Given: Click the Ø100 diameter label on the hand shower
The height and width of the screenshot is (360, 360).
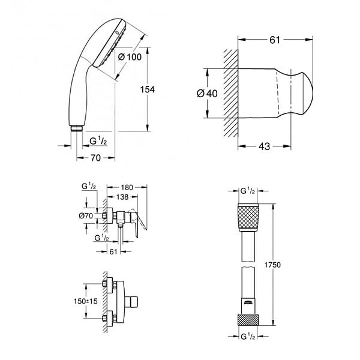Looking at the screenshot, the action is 130,57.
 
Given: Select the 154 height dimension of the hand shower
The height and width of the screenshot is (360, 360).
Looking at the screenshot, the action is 148,89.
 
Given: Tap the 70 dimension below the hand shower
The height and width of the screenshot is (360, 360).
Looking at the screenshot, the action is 96,158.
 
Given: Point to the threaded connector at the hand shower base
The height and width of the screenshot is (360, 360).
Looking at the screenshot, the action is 76,128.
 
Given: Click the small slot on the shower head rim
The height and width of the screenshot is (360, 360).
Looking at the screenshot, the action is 118,33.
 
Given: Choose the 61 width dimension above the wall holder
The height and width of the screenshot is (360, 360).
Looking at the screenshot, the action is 275,40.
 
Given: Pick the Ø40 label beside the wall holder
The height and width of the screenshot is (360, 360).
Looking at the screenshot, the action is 207,94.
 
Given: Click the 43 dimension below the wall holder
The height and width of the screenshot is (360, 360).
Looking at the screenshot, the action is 265,146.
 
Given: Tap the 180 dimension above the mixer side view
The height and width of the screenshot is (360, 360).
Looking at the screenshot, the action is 127,187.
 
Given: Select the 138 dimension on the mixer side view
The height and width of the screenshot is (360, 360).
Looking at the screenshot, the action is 122,197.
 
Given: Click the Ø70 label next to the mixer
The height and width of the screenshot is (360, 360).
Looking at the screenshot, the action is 86,215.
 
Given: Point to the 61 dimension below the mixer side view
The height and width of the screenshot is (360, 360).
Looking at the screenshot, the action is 113,251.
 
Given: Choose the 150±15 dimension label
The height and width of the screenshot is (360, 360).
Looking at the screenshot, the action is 86,301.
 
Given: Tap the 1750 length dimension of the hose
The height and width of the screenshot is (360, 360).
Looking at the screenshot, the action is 272,265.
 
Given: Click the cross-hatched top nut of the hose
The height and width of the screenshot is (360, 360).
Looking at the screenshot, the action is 248,217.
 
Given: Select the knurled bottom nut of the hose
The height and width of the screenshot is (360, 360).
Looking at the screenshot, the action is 248,319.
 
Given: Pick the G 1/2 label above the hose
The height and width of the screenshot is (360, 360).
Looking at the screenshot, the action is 248,191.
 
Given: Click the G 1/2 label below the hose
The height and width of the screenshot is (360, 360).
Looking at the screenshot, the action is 248,337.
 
